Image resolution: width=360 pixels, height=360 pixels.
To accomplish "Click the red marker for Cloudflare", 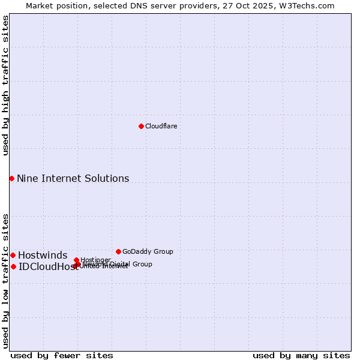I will coord(141,126).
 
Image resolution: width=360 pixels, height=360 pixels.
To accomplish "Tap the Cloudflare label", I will coord(161,126).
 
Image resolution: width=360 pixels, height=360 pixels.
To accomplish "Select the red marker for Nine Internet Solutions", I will coord(11,178).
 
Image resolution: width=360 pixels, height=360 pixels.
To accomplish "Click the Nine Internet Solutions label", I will coord(73,178).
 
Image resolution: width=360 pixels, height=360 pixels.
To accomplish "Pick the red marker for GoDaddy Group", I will coord(118,251).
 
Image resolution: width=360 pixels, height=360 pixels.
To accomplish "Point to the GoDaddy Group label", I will coord(148,251).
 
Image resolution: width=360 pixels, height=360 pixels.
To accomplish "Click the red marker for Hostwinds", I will coord(13,255).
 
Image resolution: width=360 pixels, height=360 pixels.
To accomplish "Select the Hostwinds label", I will coord(43,256).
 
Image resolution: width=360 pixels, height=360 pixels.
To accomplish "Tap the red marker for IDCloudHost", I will coord(13,266).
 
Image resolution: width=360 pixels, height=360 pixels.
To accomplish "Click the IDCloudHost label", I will coord(48,267).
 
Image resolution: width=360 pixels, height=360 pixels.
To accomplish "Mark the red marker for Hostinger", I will coord(76,260).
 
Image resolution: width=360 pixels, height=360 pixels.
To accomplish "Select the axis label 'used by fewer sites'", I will coord(62,355).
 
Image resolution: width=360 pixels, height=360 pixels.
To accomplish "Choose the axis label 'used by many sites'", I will coord(301,355).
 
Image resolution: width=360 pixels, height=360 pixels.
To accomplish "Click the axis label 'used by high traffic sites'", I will coord(5,85).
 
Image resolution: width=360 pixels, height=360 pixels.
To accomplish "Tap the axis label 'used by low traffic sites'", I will coord(5,280).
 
